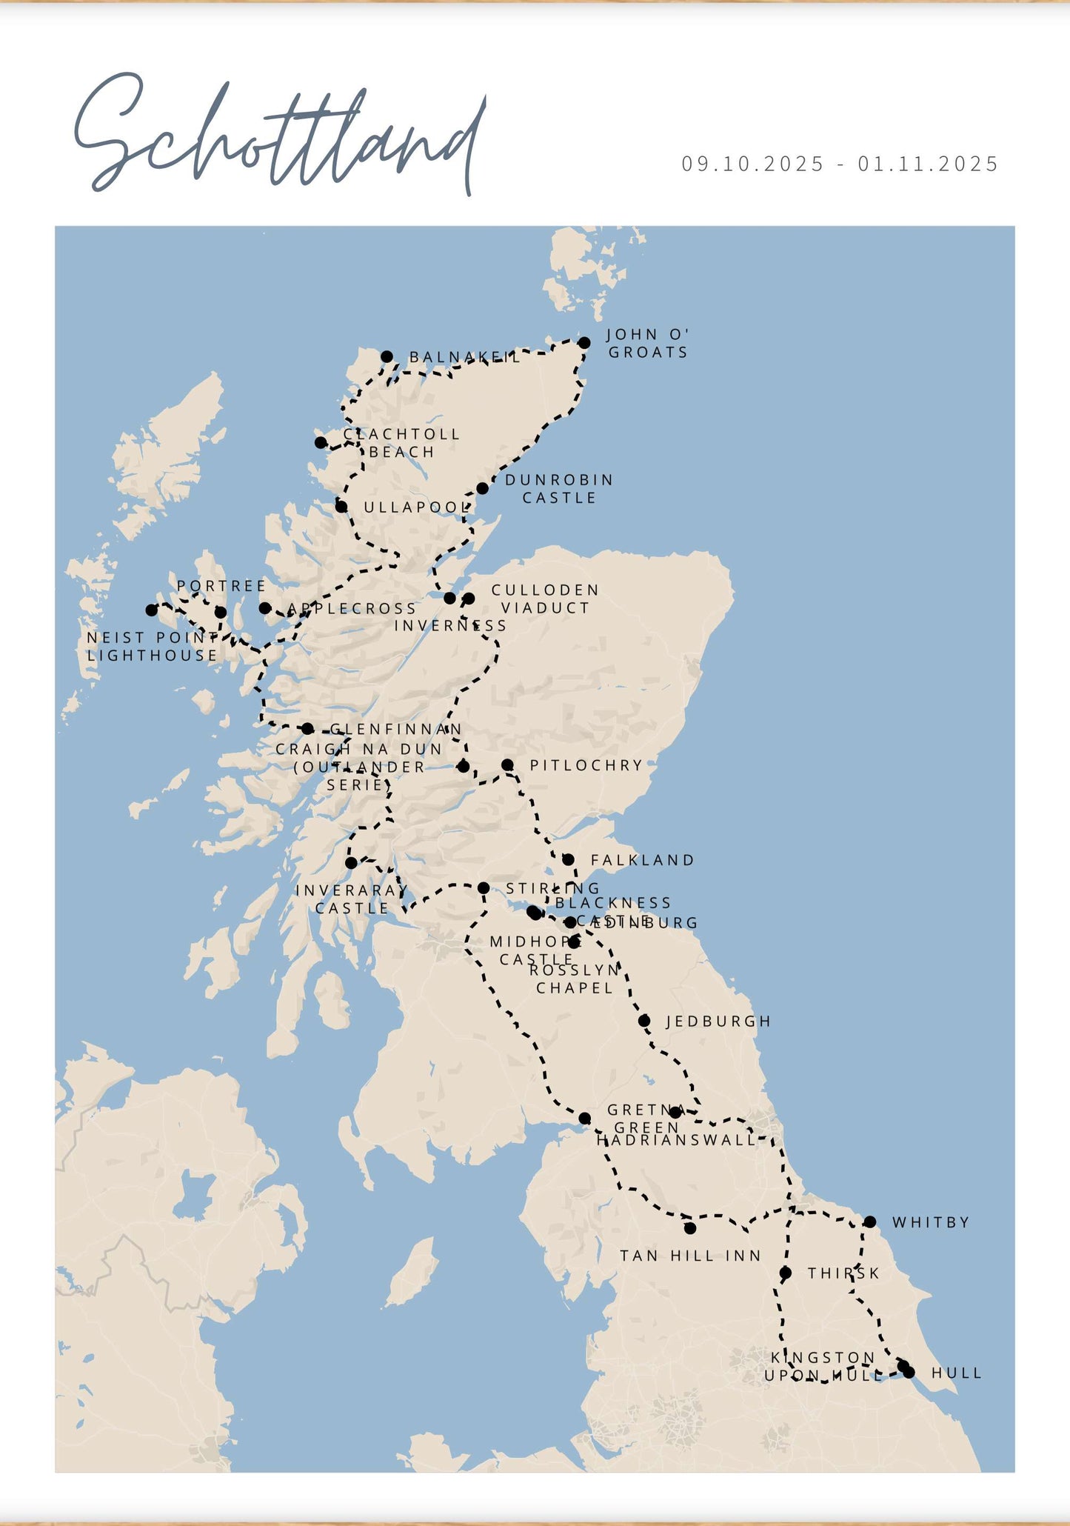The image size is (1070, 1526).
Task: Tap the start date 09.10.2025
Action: pyautogui.click(x=752, y=164)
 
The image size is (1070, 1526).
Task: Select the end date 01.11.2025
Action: pyautogui.click(x=929, y=164)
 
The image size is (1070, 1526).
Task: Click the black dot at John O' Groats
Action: pyautogui.click(x=584, y=342)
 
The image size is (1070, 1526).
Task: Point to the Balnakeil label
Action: pyautogui.click(x=465, y=357)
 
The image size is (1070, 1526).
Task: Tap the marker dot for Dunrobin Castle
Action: pyautogui.click(x=482, y=488)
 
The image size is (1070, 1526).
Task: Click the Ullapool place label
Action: pyautogui.click(x=417, y=507)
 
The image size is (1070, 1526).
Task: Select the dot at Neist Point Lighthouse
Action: pyautogui.click(x=152, y=610)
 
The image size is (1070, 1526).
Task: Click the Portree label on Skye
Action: pyautogui.click(x=221, y=586)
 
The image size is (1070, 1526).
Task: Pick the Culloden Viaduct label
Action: pyautogui.click(x=545, y=599)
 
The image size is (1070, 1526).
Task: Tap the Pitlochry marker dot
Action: pyautogui.click(x=507, y=764)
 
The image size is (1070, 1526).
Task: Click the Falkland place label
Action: pyautogui.click(x=643, y=860)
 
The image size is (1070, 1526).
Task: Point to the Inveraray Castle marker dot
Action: pyautogui.click(x=351, y=863)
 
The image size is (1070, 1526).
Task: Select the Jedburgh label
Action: pyautogui.click(x=718, y=1022)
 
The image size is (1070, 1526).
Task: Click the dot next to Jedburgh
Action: pyautogui.click(x=644, y=1021)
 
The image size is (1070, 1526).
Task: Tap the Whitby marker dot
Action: pyautogui.click(x=870, y=1222)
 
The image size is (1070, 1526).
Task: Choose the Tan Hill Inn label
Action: pyautogui.click(x=690, y=1256)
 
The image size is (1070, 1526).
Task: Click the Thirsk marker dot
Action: pyautogui.click(x=786, y=1273)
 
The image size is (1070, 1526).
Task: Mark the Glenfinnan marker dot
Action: pyautogui.click(x=307, y=729)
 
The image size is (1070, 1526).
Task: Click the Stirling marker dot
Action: pyautogui.click(x=484, y=887)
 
